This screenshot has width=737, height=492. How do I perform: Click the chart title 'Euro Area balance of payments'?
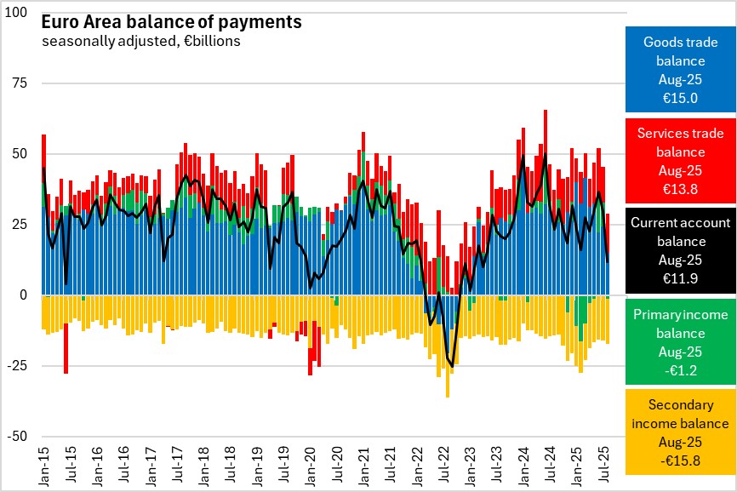[170, 23]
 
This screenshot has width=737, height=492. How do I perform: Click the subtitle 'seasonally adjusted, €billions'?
[140, 41]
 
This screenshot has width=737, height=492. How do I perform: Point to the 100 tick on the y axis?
[17, 14]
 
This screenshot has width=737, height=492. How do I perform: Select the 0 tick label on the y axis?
[24, 295]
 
